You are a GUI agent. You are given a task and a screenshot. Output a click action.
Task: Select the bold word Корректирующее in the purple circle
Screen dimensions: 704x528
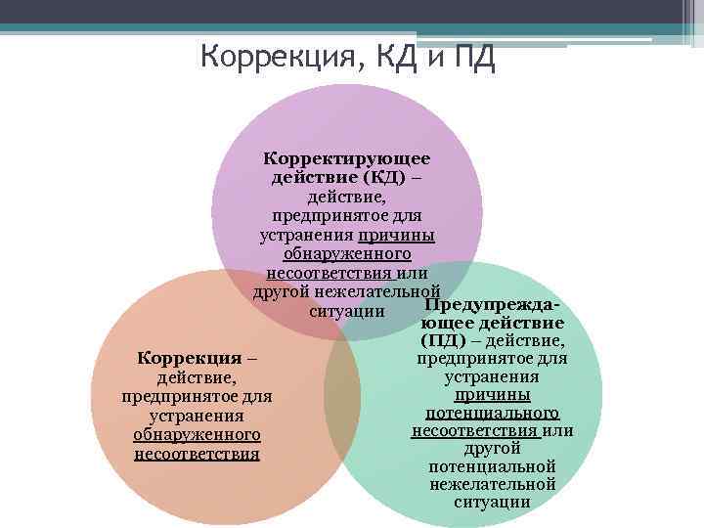pos(347,157)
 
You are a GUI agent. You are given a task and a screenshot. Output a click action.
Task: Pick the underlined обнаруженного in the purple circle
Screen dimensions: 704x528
pos(347,254)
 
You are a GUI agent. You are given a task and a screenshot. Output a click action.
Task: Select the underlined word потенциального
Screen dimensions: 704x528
pos(492,413)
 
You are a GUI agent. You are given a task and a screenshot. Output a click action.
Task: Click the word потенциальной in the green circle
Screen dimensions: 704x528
pos(492,466)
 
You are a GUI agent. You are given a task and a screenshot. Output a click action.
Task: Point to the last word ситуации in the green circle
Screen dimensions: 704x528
pos(492,503)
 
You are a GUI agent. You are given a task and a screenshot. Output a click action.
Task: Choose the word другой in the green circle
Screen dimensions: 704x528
pos(492,448)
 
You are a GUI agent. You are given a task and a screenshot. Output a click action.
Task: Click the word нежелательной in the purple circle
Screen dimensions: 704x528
pos(380,292)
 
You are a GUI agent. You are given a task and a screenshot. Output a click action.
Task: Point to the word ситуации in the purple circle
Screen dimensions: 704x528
pos(344,312)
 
